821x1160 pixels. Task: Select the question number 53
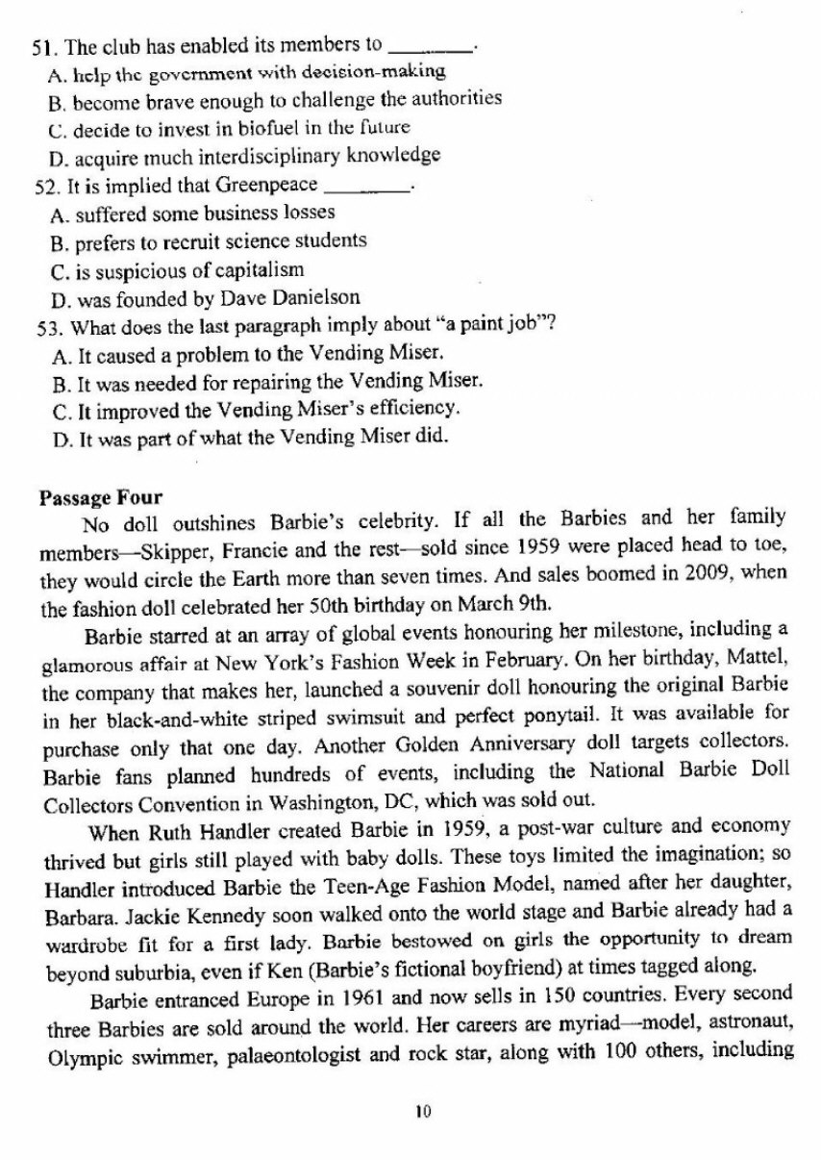(x=43, y=324)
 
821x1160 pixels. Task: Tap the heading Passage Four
(x=101, y=497)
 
